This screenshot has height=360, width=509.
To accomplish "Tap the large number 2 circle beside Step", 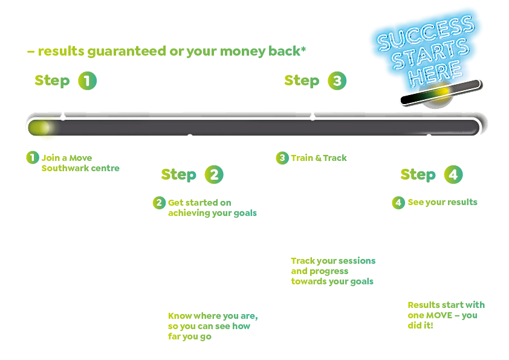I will coord(214,175).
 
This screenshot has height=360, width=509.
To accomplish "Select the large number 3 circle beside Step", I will coord(337,81).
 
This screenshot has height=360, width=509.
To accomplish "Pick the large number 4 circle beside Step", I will coord(453,175).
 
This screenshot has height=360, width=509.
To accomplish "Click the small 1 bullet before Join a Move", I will coord(32,158).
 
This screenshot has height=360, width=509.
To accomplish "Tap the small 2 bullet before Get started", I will coord(159,203).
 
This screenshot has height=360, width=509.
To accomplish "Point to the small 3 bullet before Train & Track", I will coord(282,158).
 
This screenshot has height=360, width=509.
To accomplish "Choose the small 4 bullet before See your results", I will coord(398,203).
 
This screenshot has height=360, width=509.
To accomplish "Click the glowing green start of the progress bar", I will coord(41,128).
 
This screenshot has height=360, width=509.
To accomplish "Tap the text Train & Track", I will coord(319,158).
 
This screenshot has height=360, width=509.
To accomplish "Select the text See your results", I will coord(443,202).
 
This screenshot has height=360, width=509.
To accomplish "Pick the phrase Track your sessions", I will coord(333,261).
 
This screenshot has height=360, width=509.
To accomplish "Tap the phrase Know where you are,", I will coord(213,316).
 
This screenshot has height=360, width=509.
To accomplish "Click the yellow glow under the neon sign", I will coord(443,92).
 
